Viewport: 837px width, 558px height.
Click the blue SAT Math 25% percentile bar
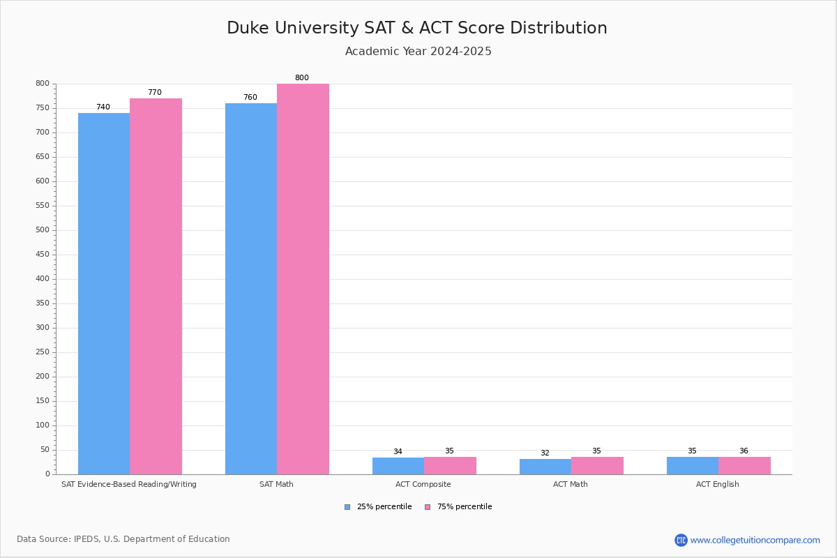[251, 289]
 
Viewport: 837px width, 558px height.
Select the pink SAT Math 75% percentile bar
[303, 279]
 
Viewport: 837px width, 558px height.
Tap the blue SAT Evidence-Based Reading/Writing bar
[104, 294]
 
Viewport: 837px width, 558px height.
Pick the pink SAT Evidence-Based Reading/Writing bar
[156, 286]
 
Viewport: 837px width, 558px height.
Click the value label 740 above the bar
[103, 107]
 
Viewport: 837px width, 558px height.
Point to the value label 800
[301, 78]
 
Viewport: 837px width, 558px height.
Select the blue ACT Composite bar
[398, 466]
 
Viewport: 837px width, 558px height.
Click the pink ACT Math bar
[597, 466]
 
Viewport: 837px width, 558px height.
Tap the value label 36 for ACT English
[744, 451]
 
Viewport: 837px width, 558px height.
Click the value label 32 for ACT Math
[545, 453]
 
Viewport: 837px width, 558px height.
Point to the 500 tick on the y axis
[43, 230]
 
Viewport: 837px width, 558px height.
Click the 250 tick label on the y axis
[43, 352]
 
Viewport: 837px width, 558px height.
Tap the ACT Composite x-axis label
[423, 484]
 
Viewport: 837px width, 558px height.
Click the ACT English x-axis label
[717, 484]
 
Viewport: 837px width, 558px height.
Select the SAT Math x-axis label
[276, 484]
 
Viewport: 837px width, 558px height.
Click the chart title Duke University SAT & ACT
[417, 28]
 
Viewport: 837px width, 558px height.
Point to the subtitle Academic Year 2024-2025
[418, 52]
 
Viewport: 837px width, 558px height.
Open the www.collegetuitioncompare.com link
[755, 540]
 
